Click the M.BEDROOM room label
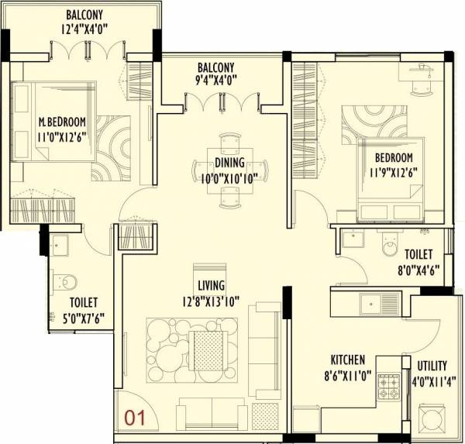click(62, 122)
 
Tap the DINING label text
click(230, 163)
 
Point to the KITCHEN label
click(349, 360)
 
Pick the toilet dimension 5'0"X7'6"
click(86, 315)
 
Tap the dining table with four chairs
click(230, 169)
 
